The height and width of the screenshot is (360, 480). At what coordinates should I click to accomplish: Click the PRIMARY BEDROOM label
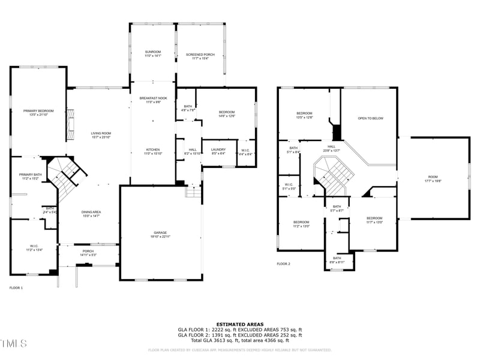pyautogui.click(x=38, y=111)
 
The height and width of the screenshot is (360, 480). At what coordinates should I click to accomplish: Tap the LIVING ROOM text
pyautogui.click(x=101, y=133)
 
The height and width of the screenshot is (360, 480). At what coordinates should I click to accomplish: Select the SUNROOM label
pyautogui.click(x=153, y=52)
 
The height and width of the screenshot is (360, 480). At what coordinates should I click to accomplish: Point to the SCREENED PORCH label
pyautogui.click(x=200, y=55)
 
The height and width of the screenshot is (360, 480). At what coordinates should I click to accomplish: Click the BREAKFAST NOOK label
pyautogui.click(x=153, y=98)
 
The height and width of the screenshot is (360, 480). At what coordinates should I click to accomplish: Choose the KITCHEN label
pyautogui.click(x=153, y=149)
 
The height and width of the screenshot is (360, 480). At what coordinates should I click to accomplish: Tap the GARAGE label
pyautogui.click(x=160, y=233)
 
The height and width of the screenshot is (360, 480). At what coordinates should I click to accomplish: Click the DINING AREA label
pyautogui.click(x=91, y=212)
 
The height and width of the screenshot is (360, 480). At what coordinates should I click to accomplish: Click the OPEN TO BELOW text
pyautogui.click(x=370, y=118)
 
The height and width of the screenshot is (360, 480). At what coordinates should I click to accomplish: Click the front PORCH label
pyautogui.click(x=88, y=251)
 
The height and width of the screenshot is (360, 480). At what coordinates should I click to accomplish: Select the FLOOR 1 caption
pyautogui.click(x=16, y=288)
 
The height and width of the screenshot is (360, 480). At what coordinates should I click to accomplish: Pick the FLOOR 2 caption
pyautogui.click(x=283, y=264)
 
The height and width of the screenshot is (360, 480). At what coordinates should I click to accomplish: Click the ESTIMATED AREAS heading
pyautogui.click(x=240, y=325)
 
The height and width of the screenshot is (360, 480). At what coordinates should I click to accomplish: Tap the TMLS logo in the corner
pyautogui.click(x=13, y=343)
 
